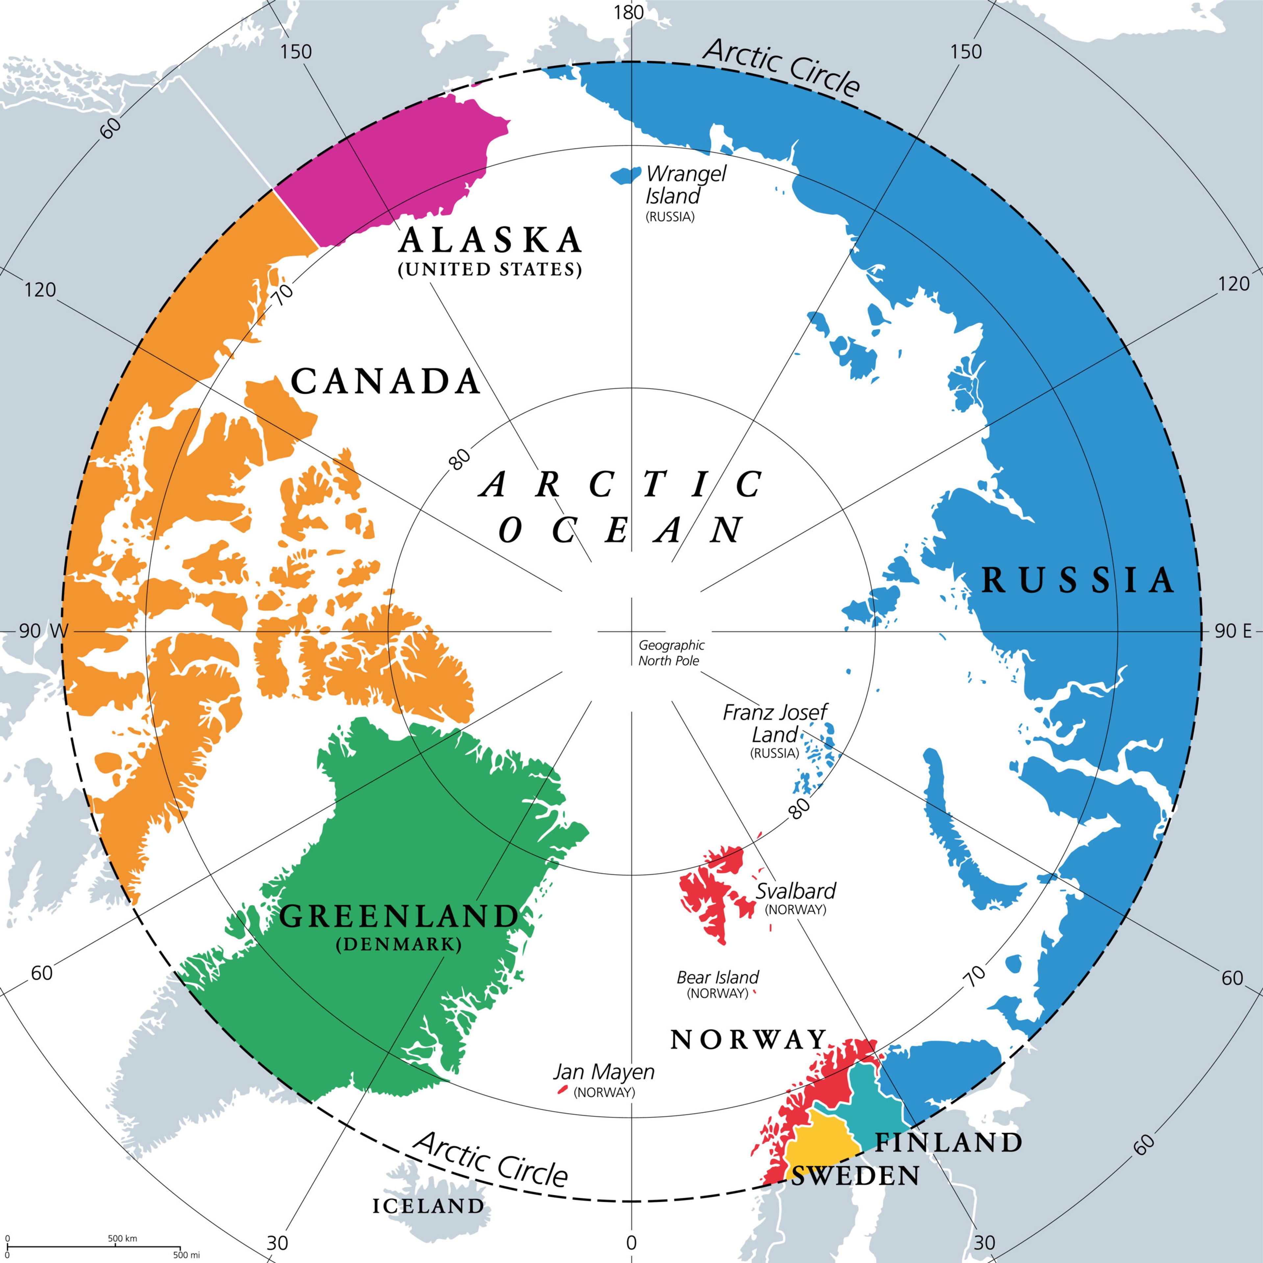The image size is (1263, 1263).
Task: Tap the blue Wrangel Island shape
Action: pos(626,175)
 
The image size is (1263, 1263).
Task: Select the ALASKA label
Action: pos(490,240)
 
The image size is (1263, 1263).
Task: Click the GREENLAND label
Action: pos(399,917)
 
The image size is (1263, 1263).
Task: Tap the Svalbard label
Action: pos(796,890)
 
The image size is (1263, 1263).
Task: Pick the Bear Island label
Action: pos(717,977)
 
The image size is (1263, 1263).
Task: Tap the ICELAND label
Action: pos(428,1206)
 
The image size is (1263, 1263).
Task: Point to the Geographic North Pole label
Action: pos(671,653)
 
